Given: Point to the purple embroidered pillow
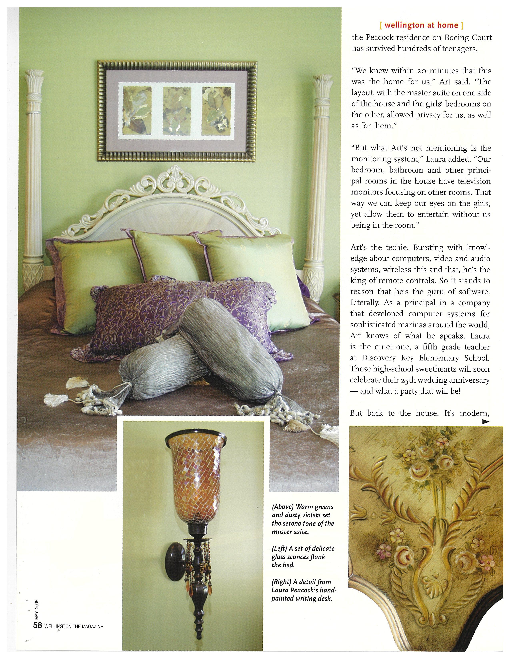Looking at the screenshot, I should [178, 314].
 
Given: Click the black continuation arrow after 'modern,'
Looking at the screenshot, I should [486, 422].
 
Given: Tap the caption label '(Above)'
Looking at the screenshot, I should [282, 507].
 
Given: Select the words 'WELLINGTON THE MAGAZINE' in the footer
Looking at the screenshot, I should [74, 626].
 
